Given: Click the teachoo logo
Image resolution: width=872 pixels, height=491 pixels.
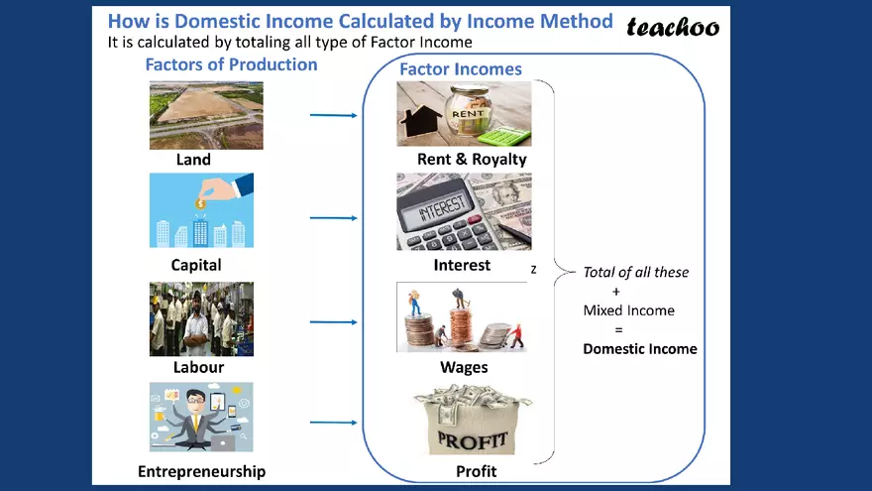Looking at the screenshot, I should (673, 27).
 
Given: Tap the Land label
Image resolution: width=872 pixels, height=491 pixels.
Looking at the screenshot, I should (193, 159).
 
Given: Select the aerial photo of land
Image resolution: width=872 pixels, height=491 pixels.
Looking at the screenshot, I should (206, 115).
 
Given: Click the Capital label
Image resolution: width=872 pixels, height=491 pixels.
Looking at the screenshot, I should (196, 265).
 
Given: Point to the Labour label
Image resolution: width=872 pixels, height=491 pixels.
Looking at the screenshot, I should (199, 367).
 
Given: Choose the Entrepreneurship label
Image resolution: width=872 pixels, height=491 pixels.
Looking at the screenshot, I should (202, 471).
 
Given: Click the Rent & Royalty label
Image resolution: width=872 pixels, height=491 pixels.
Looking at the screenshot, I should (473, 159).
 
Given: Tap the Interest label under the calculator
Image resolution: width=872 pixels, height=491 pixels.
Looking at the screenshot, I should (462, 265).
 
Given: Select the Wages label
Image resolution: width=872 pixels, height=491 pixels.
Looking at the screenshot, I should (464, 367).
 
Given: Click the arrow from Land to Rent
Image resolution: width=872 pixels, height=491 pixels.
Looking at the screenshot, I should (333, 115).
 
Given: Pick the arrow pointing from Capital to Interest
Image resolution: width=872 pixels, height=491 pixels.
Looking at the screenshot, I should (333, 218).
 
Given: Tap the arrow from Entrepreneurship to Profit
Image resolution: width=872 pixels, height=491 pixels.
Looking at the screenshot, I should (333, 423).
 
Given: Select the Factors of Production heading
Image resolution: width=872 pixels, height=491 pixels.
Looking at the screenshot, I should (231, 64).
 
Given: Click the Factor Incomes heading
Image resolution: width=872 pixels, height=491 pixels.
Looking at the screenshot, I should (461, 69).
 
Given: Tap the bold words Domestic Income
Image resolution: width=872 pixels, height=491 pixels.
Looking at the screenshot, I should (640, 348).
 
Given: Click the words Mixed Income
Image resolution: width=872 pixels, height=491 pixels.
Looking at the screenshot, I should (628, 310).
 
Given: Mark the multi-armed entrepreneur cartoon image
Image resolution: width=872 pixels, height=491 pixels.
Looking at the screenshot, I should (201, 417).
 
